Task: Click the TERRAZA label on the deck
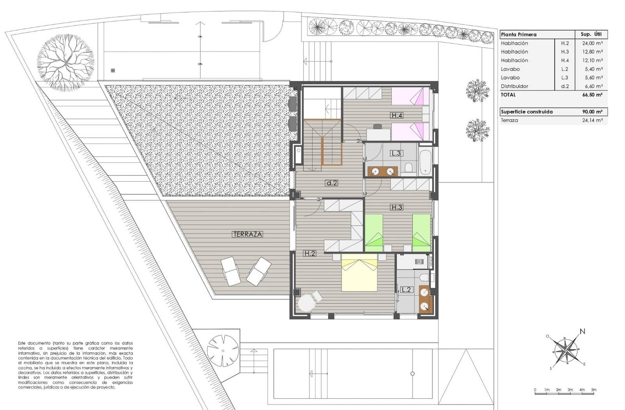247,234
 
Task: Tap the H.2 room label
309,253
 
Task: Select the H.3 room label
396,207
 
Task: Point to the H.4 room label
396,115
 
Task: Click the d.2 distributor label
331,183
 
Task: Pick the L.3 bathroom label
396,153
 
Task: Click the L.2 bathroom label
406,290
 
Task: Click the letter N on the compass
582,332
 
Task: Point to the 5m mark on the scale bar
593,390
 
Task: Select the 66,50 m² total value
592,95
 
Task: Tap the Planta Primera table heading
519,34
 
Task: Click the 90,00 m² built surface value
592,112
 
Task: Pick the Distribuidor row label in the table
514,86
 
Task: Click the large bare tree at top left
66,62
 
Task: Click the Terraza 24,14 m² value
592,121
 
